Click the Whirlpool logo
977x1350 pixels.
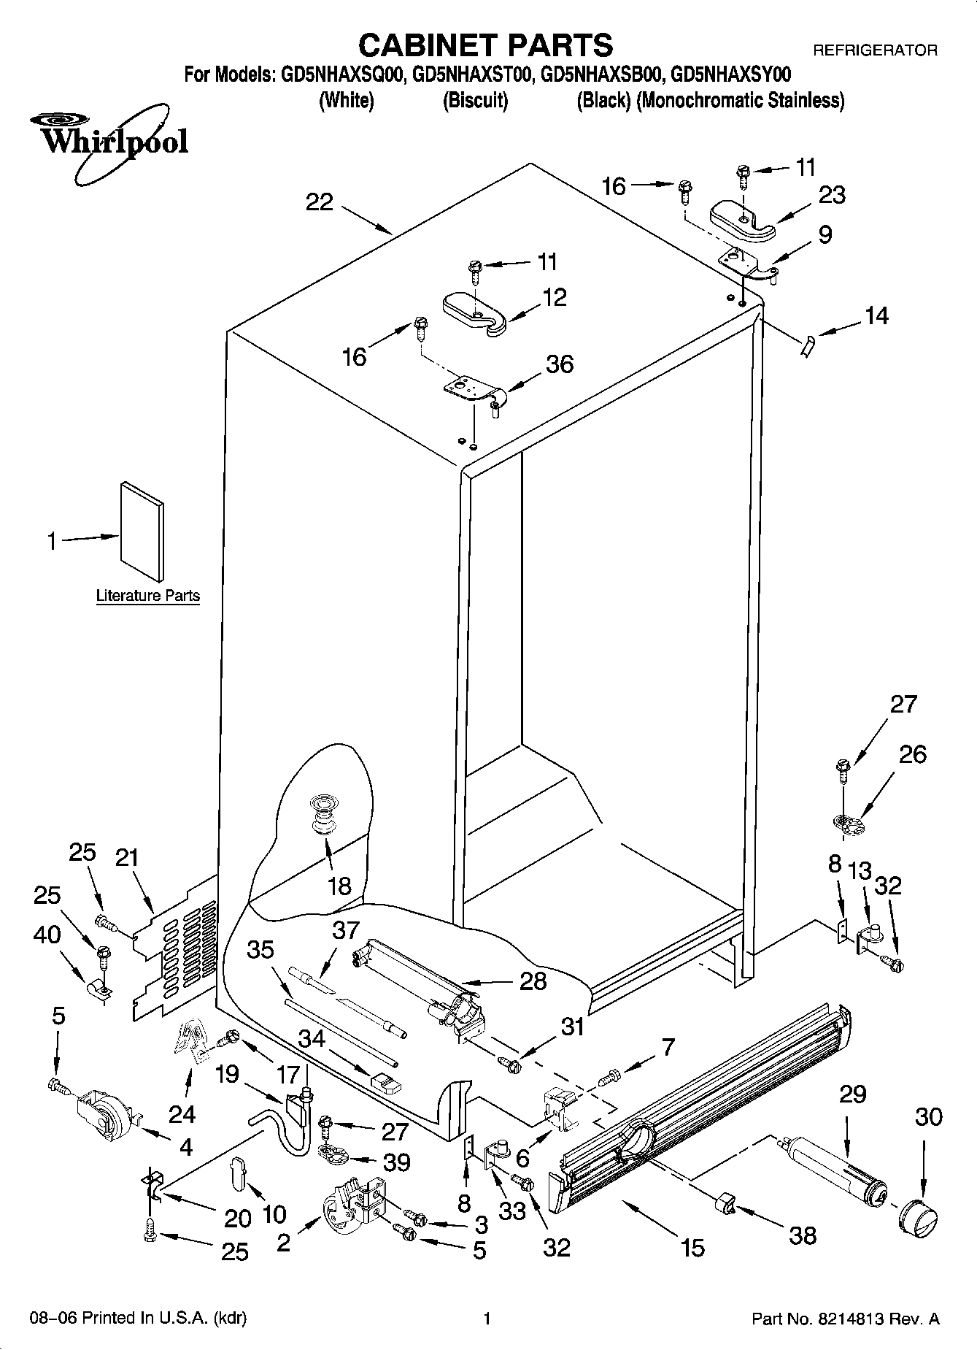[x=109, y=142]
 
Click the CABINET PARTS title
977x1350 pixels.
[x=485, y=45]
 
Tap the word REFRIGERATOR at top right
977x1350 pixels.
[x=875, y=50]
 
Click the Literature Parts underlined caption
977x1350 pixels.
[x=148, y=596]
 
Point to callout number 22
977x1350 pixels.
[x=320, y=202]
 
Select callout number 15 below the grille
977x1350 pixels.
[x=692, y=1248]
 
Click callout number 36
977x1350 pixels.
[x=560, y=364]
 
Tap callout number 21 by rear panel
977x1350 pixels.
[x=127, y=857]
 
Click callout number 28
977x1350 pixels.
[x=533, y=981]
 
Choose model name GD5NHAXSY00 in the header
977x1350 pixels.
[x=730, y=74]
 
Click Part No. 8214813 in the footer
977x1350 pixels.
[x=845, y=1319]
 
